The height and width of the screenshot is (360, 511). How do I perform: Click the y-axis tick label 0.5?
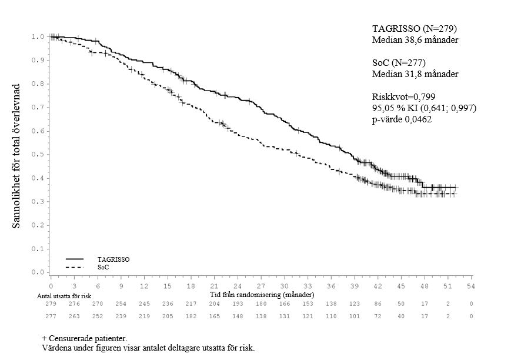click(38, 155)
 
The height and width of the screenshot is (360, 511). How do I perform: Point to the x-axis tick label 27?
click(260, 285)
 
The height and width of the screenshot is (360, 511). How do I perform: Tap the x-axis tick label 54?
click(470, 285)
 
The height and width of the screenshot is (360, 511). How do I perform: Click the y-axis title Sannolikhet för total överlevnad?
click(17, 155)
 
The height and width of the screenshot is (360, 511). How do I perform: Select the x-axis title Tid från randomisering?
click(261, 294)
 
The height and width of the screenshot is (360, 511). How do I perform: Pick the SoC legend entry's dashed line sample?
click(74, 268)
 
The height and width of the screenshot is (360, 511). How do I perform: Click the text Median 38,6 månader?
click(415, 40)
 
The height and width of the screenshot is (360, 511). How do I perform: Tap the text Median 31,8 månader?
click(415, 74)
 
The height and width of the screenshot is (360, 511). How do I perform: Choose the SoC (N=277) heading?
click(398, 63)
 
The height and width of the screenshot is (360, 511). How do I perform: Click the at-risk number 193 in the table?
click(238, 304)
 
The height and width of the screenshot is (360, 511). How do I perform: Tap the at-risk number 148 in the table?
click(238, 316)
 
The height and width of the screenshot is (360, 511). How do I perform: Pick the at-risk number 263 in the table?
click(75, 316)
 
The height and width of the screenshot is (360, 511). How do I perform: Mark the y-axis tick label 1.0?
click(38, 36)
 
